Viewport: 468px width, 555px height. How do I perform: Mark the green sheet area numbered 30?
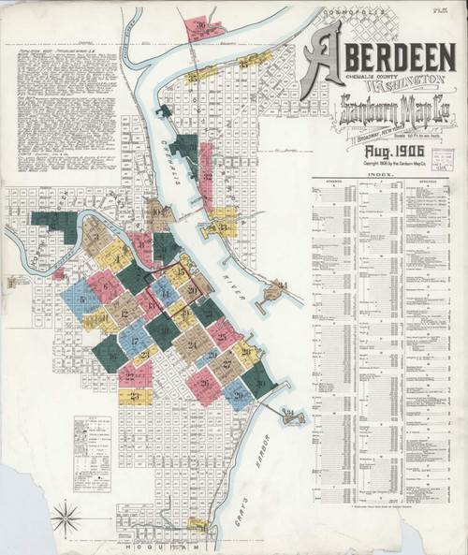click(260, 381)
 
